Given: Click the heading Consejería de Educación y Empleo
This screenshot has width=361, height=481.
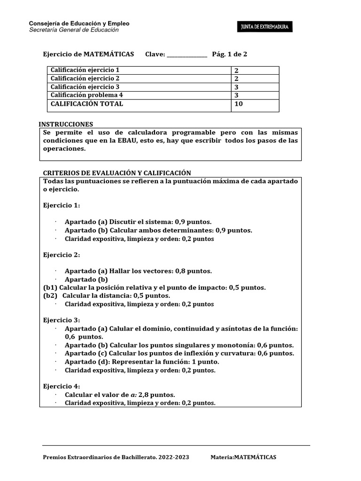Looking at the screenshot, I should [79, 23].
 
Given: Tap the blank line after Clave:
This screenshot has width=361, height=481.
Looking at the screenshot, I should [187, 55].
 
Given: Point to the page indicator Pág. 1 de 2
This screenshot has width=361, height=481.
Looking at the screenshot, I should [229, 54].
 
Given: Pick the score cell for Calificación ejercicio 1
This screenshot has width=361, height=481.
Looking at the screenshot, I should [255, 70].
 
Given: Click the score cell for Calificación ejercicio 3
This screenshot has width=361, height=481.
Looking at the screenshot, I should [255, 87].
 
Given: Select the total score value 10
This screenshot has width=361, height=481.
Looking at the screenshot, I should [238, 104].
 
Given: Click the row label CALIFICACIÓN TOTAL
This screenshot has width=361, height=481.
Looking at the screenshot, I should [87, 104].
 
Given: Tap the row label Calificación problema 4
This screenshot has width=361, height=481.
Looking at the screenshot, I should [86, 95].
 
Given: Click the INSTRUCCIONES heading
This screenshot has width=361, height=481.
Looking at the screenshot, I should [66, 124].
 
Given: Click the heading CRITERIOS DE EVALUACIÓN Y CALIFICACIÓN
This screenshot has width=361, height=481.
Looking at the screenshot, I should [117, 173].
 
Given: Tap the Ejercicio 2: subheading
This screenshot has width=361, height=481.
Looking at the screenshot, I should [62, 255].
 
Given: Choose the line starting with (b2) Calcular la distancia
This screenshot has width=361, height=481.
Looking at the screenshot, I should [107, 295].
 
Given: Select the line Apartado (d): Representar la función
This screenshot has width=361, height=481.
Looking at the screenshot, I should [142, 362].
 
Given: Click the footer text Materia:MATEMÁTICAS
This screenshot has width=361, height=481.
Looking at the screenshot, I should [243, 457].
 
